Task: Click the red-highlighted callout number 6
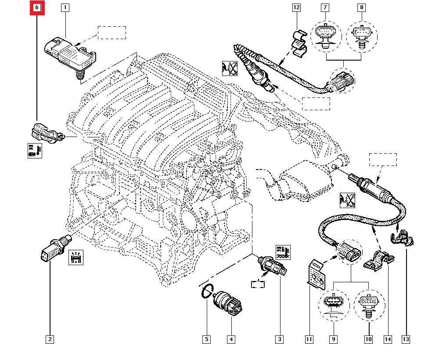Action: [x=37, y=7]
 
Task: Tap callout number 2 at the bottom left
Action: [x=50, y=339]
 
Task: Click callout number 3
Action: [x=279, y=339]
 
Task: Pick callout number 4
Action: [x=231, y=339]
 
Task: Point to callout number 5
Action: [x=206, y=339]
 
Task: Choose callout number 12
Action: [x=296, y=7]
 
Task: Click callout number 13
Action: [x=405, y=339]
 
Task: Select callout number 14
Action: [x=387, y=339]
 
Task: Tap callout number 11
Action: [x=309, y=339]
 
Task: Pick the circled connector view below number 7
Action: [x=325, y=35]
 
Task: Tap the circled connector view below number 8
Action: [x=361, y=35]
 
